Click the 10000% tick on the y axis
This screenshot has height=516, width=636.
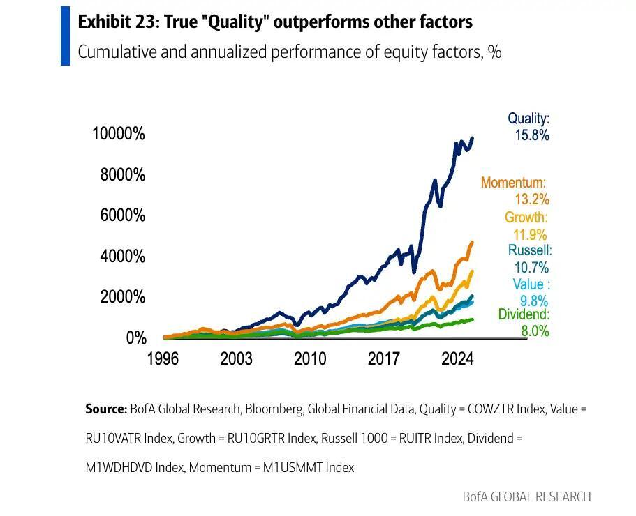pyautogui.click(x=118, y=133)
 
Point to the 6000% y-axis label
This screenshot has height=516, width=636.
pyautogui.click(x=122, y=215)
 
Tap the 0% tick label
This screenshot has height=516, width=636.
pyautogui.click(x=135, y=338)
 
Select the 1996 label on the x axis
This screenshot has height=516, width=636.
pyautogui.click(x=162, y=359)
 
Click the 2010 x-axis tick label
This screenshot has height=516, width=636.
pyautogui.click(x=309, y=359)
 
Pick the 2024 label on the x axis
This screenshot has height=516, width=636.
pyautogui.click(x=457, y=359)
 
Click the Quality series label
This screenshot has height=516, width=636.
pyautogui.click(x=528, y=119)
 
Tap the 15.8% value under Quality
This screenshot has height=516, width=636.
pyautogui.click(x=532, y=135)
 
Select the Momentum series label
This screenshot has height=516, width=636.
pyautogui.click(x=513, y=183)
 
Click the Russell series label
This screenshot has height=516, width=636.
pyautogui.click(x=530, y=250)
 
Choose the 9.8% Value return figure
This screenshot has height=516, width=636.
pyautogui.click(x=534, y=301)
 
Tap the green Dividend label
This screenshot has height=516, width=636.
pyautogui.click(x=524, y=315)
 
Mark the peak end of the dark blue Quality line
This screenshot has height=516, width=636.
pyautogui.click(x=473, y=138)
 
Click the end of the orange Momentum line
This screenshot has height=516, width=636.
pyautogui.click(x=472, y=243)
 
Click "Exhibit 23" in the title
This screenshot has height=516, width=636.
pyautogui.click(x=117, y=22)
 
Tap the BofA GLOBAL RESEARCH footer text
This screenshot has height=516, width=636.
pyautogui.click(x=526, y=496)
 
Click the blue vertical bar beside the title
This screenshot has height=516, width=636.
pyautogui.click(x=65, y=36)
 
